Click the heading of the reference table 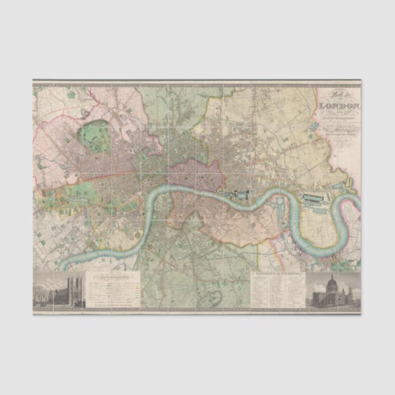[277, 274]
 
